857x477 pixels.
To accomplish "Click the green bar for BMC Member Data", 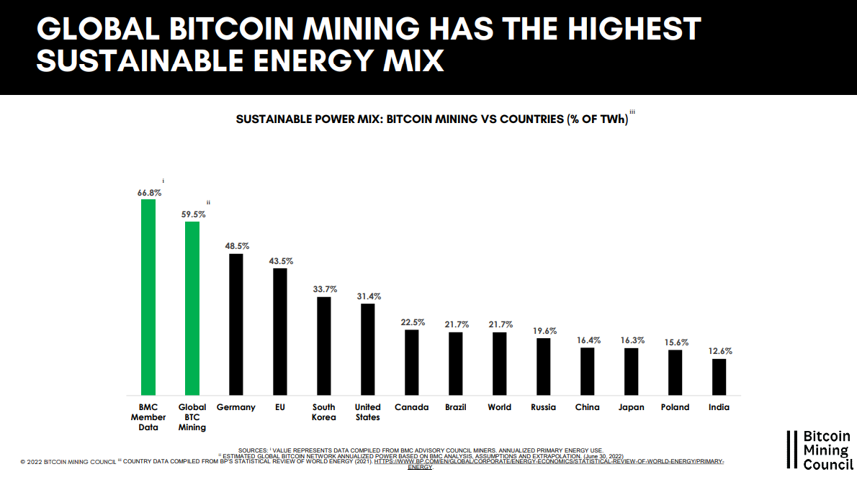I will [148, 296].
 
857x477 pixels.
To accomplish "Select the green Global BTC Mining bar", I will [192, 307].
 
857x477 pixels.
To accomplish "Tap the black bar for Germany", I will [236, 324].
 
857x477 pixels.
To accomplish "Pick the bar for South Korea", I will [324, 345].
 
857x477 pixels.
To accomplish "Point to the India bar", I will [719, 376].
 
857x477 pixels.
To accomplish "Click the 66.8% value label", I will [149, 193].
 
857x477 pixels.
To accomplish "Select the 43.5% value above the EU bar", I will [280, 260].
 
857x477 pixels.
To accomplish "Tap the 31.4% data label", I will [368, 296].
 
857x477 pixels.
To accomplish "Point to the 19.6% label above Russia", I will [544, 331].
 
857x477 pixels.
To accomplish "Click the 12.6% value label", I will [719, 351].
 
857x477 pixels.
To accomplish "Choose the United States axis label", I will [368, 412].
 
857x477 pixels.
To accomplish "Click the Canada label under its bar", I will [411, 407].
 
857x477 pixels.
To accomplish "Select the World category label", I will [499, 407].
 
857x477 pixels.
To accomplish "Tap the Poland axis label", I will [675, 407].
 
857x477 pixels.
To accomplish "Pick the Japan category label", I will [631, 407].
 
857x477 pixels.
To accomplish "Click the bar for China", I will [588, 371].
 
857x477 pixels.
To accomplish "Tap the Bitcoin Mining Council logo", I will [819, 450].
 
